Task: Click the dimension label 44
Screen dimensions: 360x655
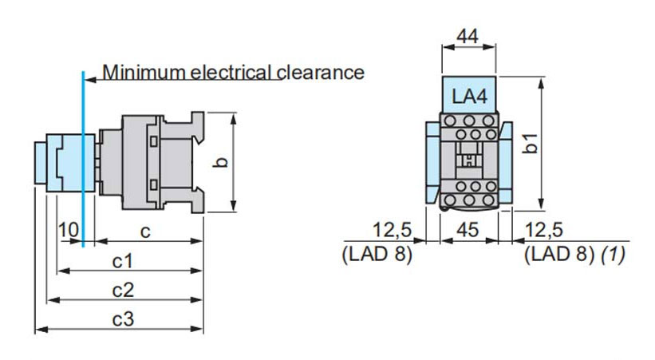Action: pyautogui.click(x=468, y=38)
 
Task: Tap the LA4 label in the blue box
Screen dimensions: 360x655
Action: pyautogui.click(x=470, y=97)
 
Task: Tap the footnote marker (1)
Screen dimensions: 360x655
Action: pyautogui.click(x=613, y=255)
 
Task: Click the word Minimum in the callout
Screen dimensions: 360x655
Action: pyautogui.click(x=143, y=73)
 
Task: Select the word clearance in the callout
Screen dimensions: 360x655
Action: pyautogui.click(x=320, y=73)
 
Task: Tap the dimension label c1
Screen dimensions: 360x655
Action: pyautogui.click(x=121, y=261)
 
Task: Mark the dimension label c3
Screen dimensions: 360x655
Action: pyautogui.click(x=121, y=320)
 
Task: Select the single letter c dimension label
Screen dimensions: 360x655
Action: pyautogui.click(x=145, y=231)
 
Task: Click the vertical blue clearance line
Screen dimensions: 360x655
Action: pyautogui.click(x=81, y=160)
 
